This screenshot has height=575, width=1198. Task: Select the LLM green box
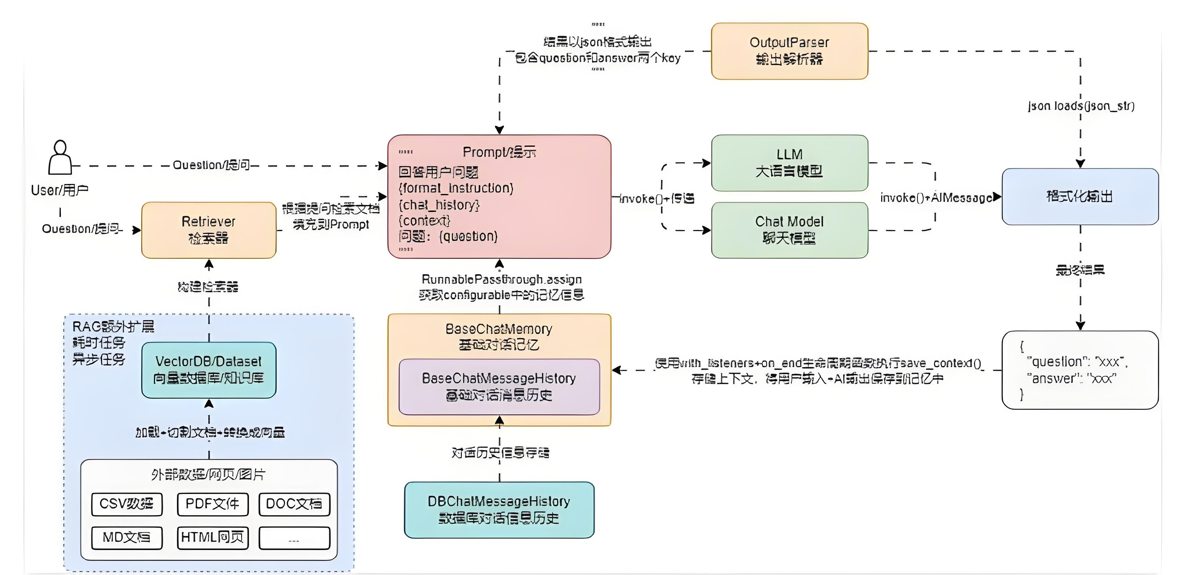pyautogui.click(x=789, y=163)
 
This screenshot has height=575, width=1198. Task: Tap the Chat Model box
pyautogui.click(x=789, y=230)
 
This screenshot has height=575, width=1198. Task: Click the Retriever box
pyautogui.click(x=208, y=230)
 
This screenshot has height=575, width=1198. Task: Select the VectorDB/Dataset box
pyautogui.click(x=208, y=370)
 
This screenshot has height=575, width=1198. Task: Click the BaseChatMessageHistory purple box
pyautogui.click(x=499, y=387)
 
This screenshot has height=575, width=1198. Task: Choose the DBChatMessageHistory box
pyautogui.click(x=499, y=510)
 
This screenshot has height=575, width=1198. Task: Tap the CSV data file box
pyautogui.click(x=126, y=504)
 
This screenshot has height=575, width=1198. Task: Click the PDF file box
pyautogui.click(x=213, y=504)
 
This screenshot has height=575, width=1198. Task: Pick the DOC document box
pyautogui.click(x=294, y=504)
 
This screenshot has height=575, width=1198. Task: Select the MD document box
pyautogui.click(x=126, y=538)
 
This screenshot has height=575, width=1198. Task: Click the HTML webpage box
pyautogui.click(x=213, y=538)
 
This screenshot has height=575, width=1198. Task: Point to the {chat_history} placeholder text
pyautogui.click(x=439, y=205)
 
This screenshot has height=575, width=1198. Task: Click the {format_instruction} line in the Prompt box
pyautogui.click(x=456, y=188)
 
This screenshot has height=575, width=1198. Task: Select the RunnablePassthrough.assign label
pyautogui.click(x=501, y=279)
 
